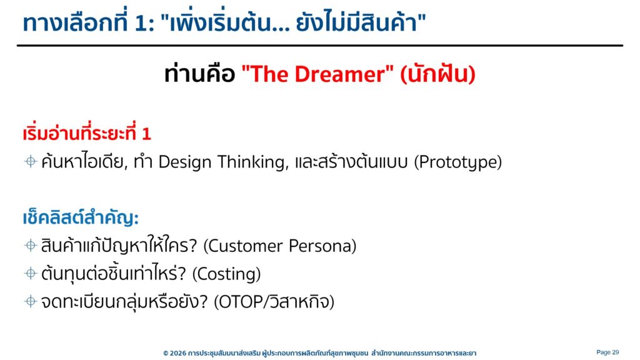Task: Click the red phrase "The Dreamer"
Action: pyautogui.click(x=317, y=74)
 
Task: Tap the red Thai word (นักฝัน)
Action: pyautogui.click(x=438, y=74)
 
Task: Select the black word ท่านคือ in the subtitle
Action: pyautogui.click(x=199, y=74)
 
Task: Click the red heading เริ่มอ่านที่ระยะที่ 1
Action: pyautogui.click(x=87, y=132)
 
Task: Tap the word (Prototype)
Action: pyautogui.click(x=458, y=162)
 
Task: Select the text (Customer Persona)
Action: pyautogui.click(x=279, y=246)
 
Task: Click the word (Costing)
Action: pyautogui.click(x=226, y=274)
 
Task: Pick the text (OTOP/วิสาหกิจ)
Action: pyautogui.click(x=274, y=302)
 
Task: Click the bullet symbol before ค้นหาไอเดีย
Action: pyautogui.click(x=31, y=162)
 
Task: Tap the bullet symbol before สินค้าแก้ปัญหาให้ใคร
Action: pyautogui.click(x=31, y=245)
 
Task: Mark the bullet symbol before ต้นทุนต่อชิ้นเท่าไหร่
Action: pyautogui.click(x=31, y=273)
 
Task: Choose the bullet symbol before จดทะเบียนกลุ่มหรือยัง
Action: pyautogui.click(x=31, y=301)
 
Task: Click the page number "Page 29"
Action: pyautogui.click(x=607, y=352)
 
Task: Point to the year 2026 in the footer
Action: pyautogui.click(x=178, y=353)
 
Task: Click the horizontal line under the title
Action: pyautogui.click(x=320, y=45)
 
